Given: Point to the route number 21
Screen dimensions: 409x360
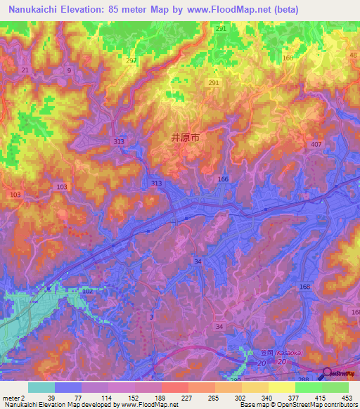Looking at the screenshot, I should coord(25,70).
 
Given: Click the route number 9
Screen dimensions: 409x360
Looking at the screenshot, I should coord(69,70).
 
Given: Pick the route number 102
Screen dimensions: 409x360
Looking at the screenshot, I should coord(88,290).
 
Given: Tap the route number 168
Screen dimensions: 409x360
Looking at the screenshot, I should coord(304,287).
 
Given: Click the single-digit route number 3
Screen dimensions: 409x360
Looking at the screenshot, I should coord(152,317).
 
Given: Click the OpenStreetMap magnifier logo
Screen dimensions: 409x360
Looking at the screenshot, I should coord(328,375).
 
